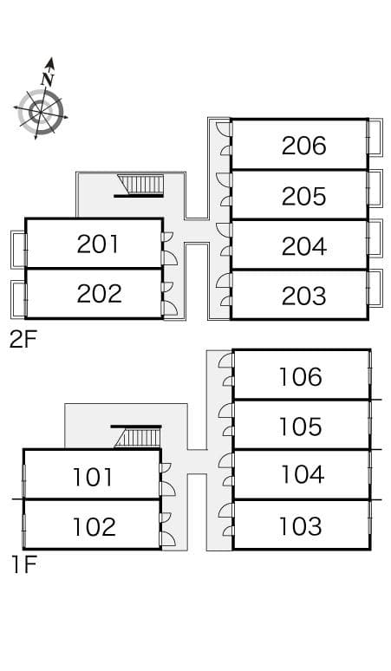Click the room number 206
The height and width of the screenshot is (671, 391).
[303, 146]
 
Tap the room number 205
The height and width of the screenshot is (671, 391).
[303, 196]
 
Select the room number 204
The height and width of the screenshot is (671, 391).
[303, 246]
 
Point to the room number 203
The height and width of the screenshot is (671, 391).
[303, 296]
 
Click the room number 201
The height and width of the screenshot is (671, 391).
[98, 244]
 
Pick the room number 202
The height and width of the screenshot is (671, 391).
[99, 294]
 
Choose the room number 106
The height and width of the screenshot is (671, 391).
[300, 377]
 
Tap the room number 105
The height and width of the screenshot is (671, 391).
[300, 427]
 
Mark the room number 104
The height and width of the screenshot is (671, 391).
[302, 474]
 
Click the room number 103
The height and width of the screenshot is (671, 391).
[300, 526]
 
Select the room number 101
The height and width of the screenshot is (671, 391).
[93, 477]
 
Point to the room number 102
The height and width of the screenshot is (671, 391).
[94, 527]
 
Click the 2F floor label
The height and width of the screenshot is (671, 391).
[23, 340]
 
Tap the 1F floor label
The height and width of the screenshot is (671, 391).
[23, 565]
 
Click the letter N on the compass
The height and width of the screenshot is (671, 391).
[48, 79]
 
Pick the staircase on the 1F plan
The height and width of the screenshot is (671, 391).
[137, 437]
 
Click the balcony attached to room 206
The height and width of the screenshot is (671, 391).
[375, 137]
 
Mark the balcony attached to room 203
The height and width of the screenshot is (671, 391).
[375, 288]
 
